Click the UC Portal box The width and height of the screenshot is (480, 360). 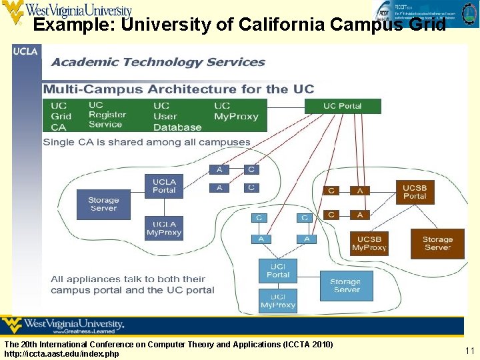click(x=343, y=106)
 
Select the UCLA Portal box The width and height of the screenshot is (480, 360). click(x=164, y=186)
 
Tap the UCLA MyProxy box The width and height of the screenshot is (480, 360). click(x=164, y=229)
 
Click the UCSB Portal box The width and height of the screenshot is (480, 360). click(x=414, y=192)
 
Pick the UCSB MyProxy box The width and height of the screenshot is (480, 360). click(x=369, y=243)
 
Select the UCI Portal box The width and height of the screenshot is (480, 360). click(x=278, y=271)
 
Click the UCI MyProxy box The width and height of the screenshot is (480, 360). click(x=278, y=301)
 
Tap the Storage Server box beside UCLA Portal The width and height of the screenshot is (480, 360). click(x=103, y=204)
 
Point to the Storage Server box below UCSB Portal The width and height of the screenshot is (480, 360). click(x=437, y=243)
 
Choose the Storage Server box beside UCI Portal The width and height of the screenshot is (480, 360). click(x=347, y=285)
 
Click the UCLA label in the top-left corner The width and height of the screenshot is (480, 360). click(x=26, y=51)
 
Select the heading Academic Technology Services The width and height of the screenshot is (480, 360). click(x=159, y=62)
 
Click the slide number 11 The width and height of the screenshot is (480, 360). click(x=469, y=350)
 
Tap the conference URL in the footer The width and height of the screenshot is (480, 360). click(x=61, y=354)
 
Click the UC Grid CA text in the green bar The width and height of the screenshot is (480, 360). click(x=61, y=116)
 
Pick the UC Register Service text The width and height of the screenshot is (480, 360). click(x=106, y=115)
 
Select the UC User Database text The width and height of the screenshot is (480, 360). click(x=177, y=116)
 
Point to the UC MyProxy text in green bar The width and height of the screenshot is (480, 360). click(x=236, y=111)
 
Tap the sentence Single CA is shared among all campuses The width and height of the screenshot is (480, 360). click(x=147, y=142)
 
